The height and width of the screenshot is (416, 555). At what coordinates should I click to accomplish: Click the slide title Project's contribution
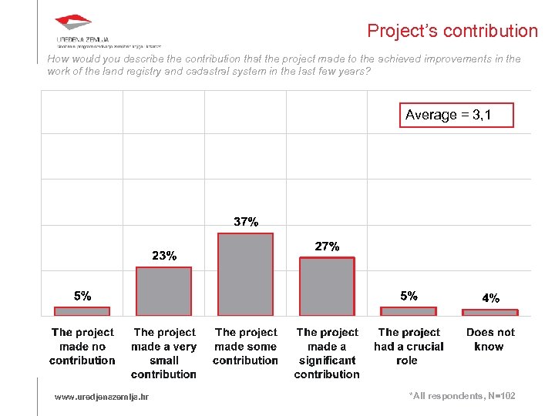tap(452, 31)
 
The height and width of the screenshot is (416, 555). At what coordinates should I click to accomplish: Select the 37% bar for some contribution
tap(245, 274)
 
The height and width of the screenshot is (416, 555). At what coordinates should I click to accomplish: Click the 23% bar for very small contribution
tap(163, 291)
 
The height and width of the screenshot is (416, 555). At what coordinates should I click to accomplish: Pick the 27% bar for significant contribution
tap(327, 287)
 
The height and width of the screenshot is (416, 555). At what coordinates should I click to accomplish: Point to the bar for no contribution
tap(82, 311)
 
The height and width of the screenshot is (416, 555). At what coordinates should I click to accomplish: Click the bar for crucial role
tap(409, 311)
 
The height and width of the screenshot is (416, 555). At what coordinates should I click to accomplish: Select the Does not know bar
tap(490, 312)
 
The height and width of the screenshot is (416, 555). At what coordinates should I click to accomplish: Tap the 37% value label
tap(246, 222)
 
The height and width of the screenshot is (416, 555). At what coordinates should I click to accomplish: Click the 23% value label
tap(164, 256)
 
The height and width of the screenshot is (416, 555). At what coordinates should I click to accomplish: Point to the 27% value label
tap(328, 247)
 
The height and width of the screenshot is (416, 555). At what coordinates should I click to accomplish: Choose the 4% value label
tap(490, 297)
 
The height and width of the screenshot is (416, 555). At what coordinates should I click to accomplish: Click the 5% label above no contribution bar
tap(82, 295)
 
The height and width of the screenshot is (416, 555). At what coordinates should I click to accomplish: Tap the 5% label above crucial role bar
tap(409, 295)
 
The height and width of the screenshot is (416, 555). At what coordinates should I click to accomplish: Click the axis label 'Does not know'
tap(490, 340)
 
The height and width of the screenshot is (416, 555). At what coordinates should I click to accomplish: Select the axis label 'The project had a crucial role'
tap(409, 347)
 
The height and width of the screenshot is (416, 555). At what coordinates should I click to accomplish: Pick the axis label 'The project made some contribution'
tap(245, 347)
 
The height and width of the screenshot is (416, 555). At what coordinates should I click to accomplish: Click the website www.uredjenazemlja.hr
tap(102, 397)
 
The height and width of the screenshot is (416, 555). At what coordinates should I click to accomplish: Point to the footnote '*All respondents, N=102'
tap(462, 396)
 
